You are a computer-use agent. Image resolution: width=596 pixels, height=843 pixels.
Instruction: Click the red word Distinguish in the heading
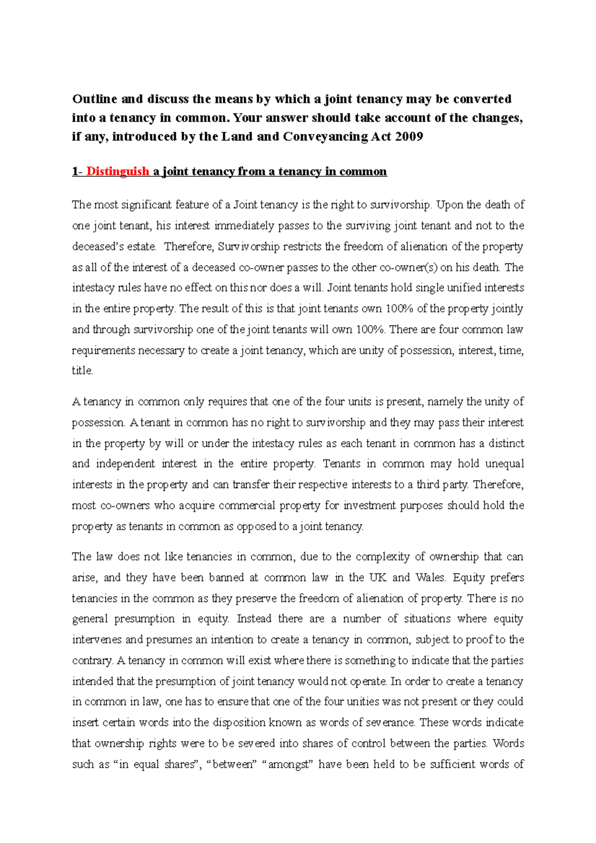[117, 172]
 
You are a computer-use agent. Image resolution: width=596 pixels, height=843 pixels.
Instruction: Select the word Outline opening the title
[95, 99]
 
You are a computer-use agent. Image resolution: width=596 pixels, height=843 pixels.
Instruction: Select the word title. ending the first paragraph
[82, 371]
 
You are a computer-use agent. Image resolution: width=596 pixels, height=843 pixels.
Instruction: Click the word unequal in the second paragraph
[504, 464]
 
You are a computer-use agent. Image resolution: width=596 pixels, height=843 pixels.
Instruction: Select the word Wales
[431, 578]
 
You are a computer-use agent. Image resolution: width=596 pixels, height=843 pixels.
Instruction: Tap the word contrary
[92, 661]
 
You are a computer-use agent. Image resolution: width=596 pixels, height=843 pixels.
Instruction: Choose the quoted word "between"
[234, 765]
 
